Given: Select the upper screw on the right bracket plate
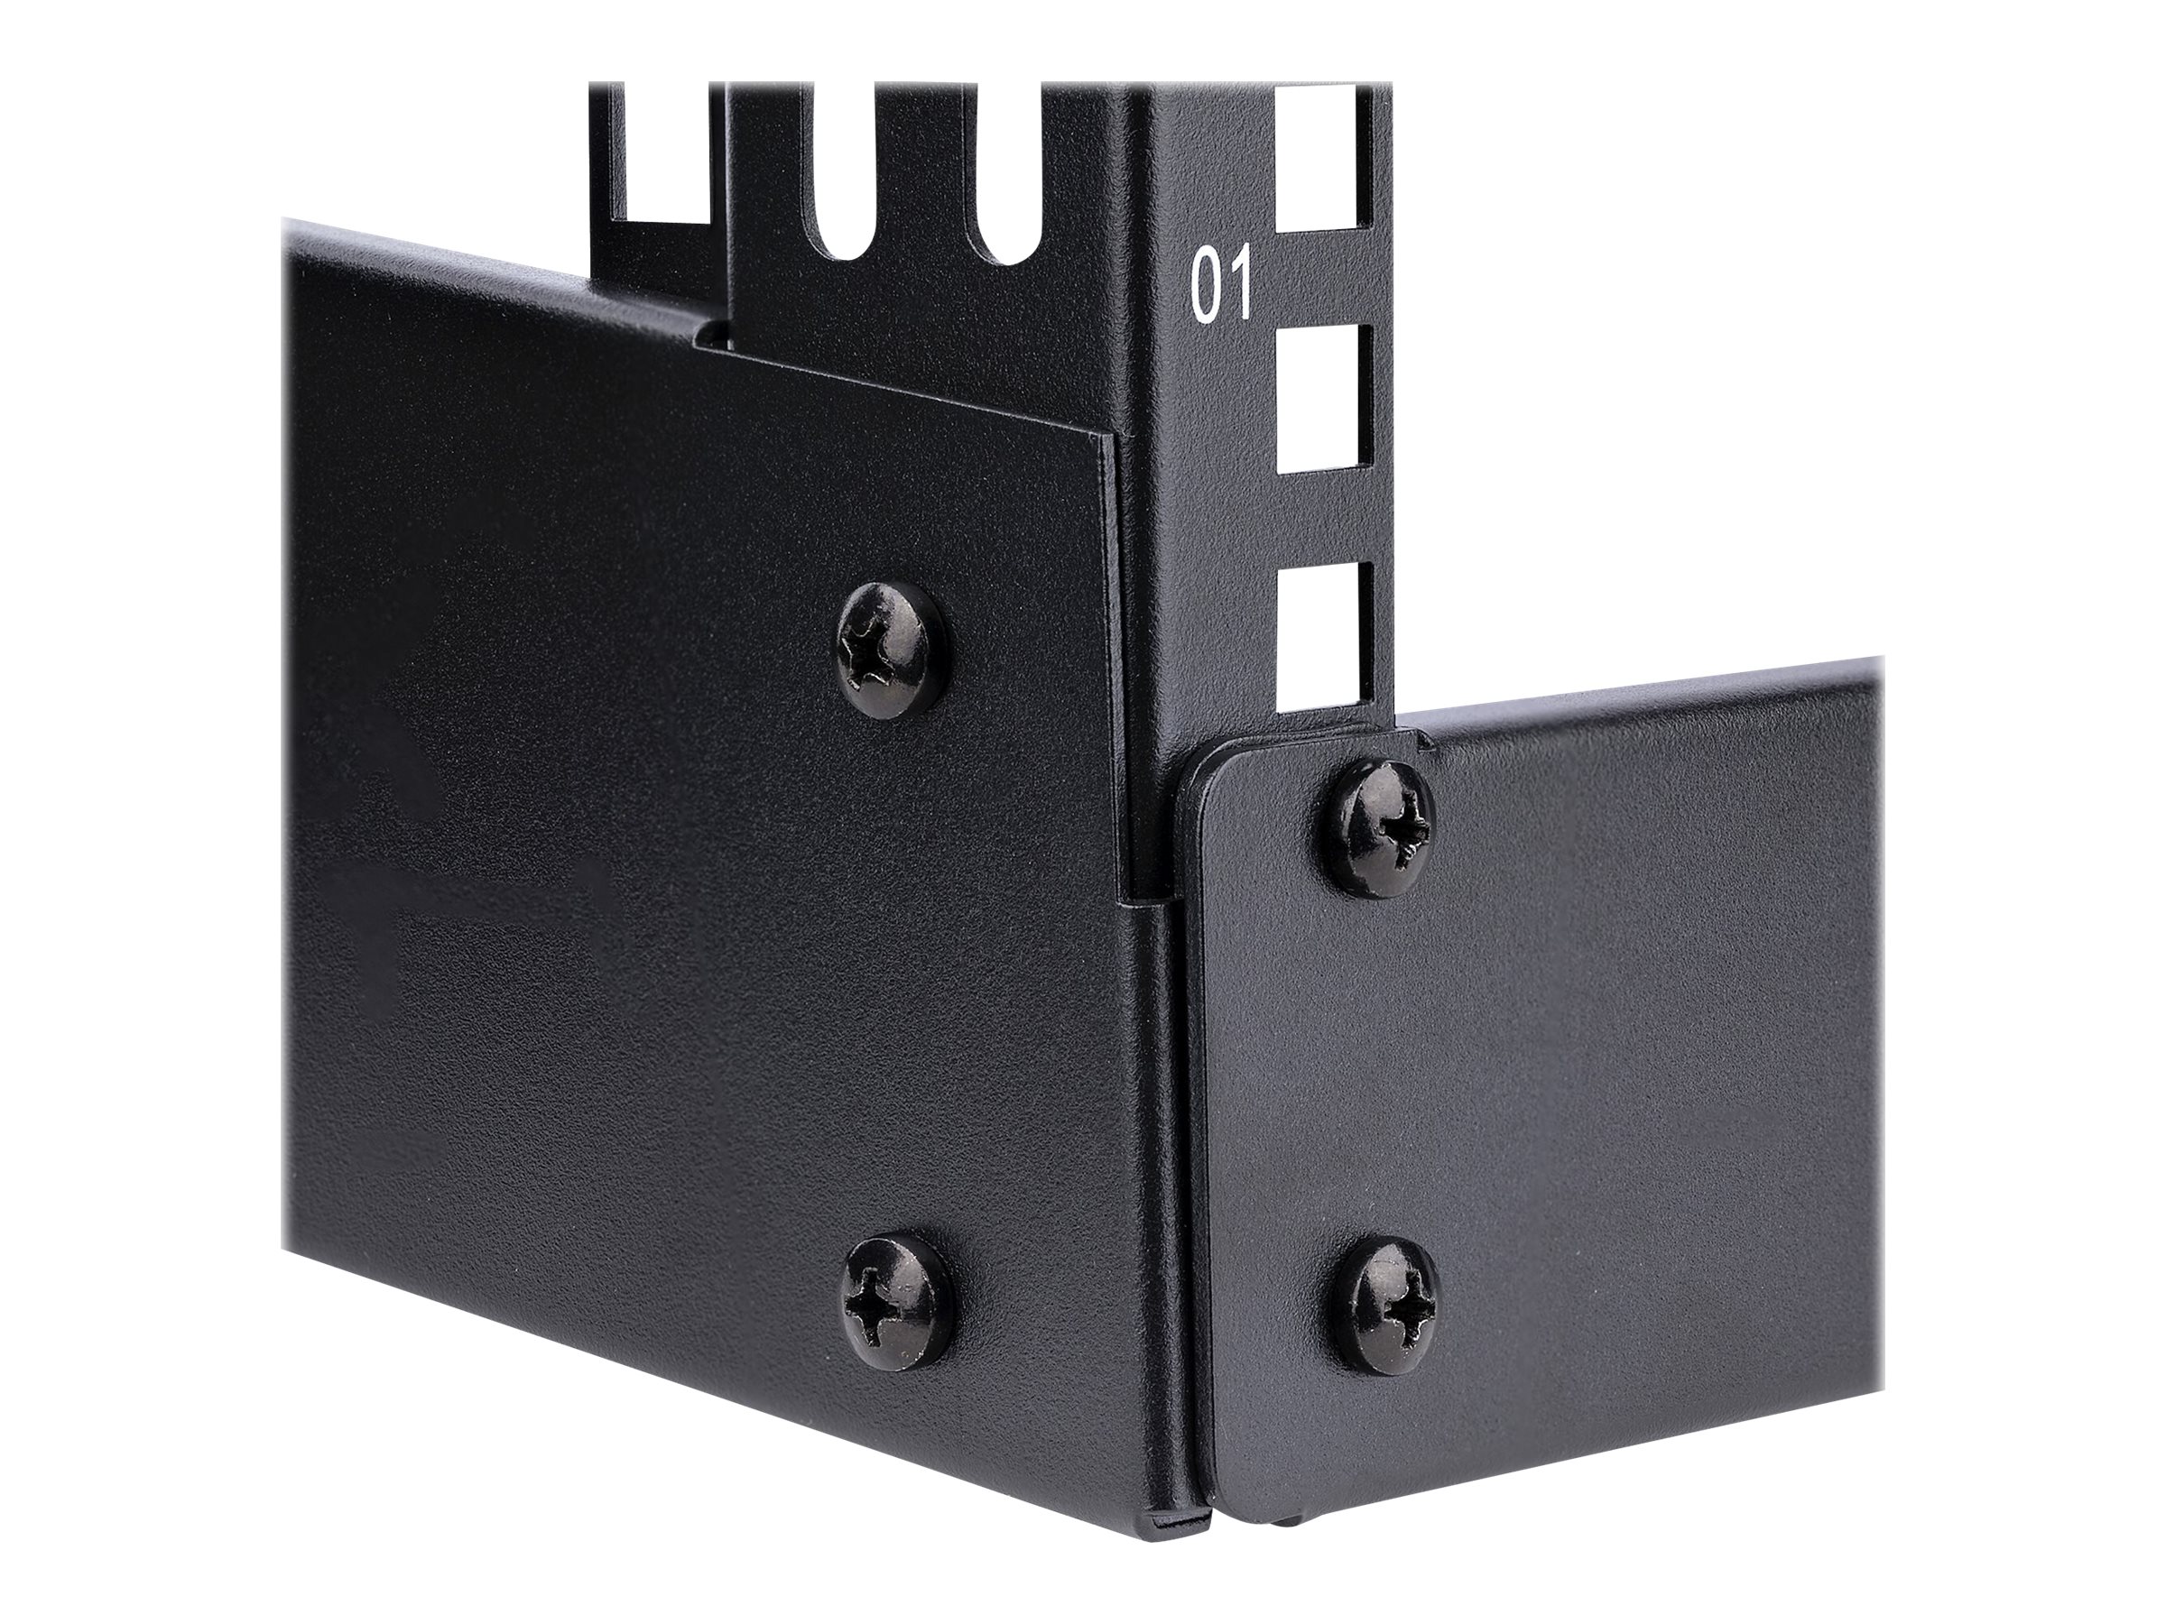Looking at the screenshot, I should pyautogui.click(x=1378, y=831).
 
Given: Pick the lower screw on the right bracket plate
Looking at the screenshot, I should pyautogui.click(x=1392, y=1309).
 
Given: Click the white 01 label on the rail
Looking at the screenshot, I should pyautogui.click(x=1221, y=287).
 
